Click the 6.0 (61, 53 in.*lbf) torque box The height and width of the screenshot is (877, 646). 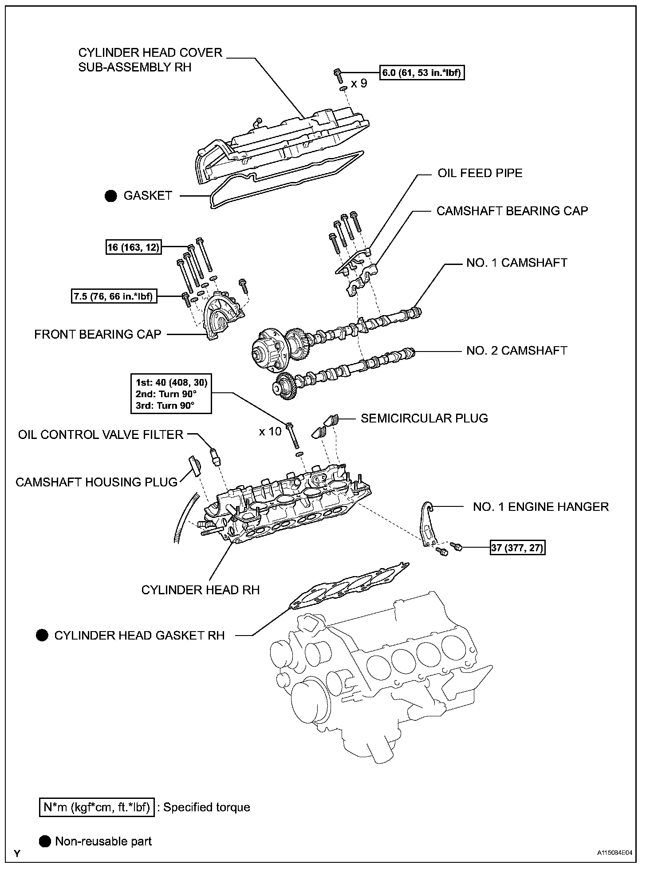(422, 73)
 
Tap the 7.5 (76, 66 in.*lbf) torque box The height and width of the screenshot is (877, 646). (114, 296)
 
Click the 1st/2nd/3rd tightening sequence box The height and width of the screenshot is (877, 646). (171, 394)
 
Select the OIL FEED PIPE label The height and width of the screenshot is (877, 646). (480, 173)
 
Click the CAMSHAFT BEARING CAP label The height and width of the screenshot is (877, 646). (512, 211)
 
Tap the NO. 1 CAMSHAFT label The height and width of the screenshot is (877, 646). (516, 263)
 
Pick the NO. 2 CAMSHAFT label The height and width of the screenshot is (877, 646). (516, 351)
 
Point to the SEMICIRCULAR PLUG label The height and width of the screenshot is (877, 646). (424, 418)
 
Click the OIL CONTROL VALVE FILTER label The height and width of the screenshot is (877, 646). (101, 435)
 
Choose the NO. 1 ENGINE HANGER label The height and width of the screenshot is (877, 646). (541, 506)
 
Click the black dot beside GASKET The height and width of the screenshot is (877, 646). (111, 196)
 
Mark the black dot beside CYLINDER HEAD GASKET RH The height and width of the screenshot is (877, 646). (42, 635)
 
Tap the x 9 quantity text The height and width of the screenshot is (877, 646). (359, 83)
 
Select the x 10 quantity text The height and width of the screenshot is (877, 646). (270, 431)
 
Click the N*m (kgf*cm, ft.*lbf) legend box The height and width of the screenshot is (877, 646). (97, 807)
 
